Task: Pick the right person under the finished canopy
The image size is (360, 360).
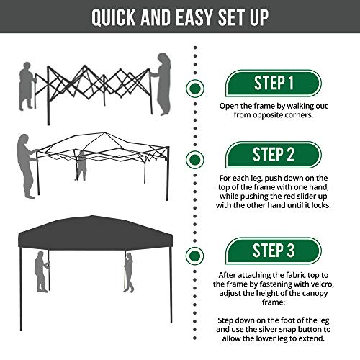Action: pyautogui.click(x=128, y=274)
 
